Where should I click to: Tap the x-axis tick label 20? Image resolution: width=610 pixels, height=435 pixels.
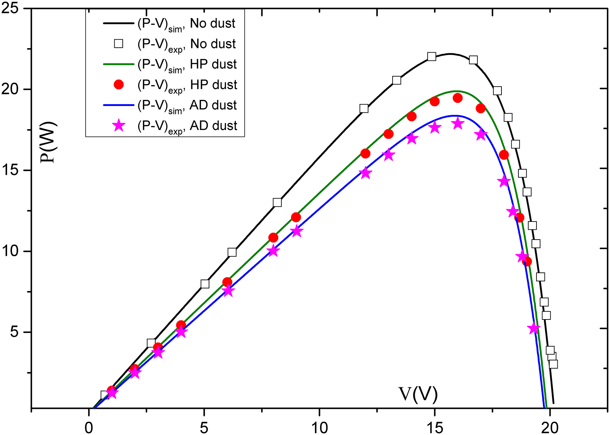[x=550, y=428]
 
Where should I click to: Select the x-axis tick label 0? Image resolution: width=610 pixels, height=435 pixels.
[x=89, y=428]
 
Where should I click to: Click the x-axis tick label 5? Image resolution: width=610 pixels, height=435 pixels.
[x=204, y=428]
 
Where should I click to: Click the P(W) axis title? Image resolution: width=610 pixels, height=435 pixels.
[x=49, y=142]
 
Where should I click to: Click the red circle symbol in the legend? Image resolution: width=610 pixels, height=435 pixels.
[x=119, y=85]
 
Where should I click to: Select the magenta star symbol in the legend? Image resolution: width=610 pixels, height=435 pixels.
[x=119, y=125]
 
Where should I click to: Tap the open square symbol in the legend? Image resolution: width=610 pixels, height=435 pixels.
[x=119, y=44]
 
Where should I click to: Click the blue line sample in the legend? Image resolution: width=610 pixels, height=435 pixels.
[x=119, y=105]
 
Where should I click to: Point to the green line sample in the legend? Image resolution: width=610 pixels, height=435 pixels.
[x=119, y=64]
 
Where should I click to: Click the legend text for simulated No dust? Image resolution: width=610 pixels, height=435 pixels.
[x=186, y=24]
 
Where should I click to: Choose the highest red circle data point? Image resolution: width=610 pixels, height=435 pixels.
[x=458, y=98]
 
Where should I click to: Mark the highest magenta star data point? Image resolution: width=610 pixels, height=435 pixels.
[x=458, y=123]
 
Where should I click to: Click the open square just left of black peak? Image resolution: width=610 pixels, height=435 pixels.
[x=431, y=57]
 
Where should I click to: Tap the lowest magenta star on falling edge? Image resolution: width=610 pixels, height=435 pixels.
[x=534, y=329]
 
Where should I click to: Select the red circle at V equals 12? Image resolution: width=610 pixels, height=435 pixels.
[x=365, y=153]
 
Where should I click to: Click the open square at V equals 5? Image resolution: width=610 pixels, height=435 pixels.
[x=205, y=284]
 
